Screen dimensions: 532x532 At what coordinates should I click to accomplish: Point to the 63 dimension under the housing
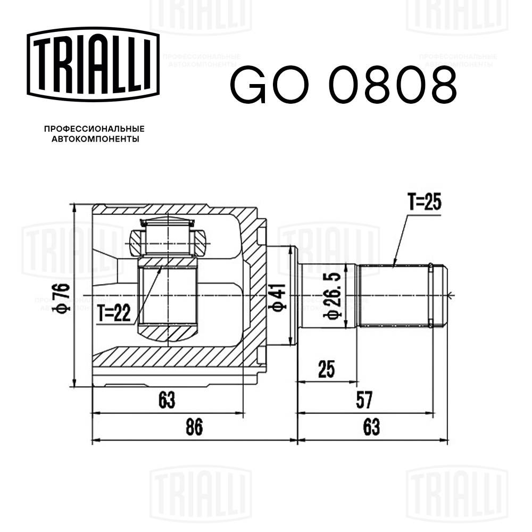tap(167, 398)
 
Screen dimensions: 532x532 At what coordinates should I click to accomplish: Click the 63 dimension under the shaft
tap(372, 427)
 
